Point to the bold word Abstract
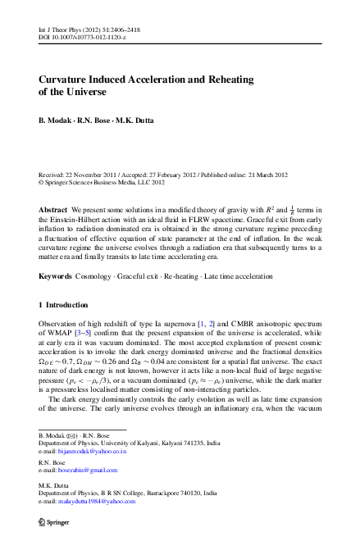point(53,211)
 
